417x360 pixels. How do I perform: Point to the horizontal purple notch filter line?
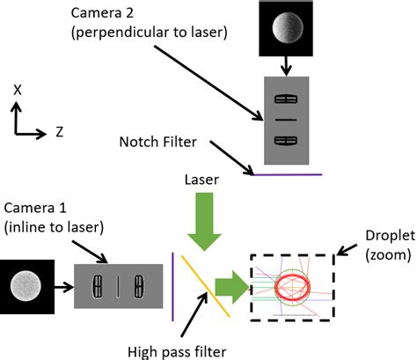click(286, 174)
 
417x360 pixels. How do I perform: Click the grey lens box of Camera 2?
click(287, 120)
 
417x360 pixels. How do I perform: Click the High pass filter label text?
click(176, 350)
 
